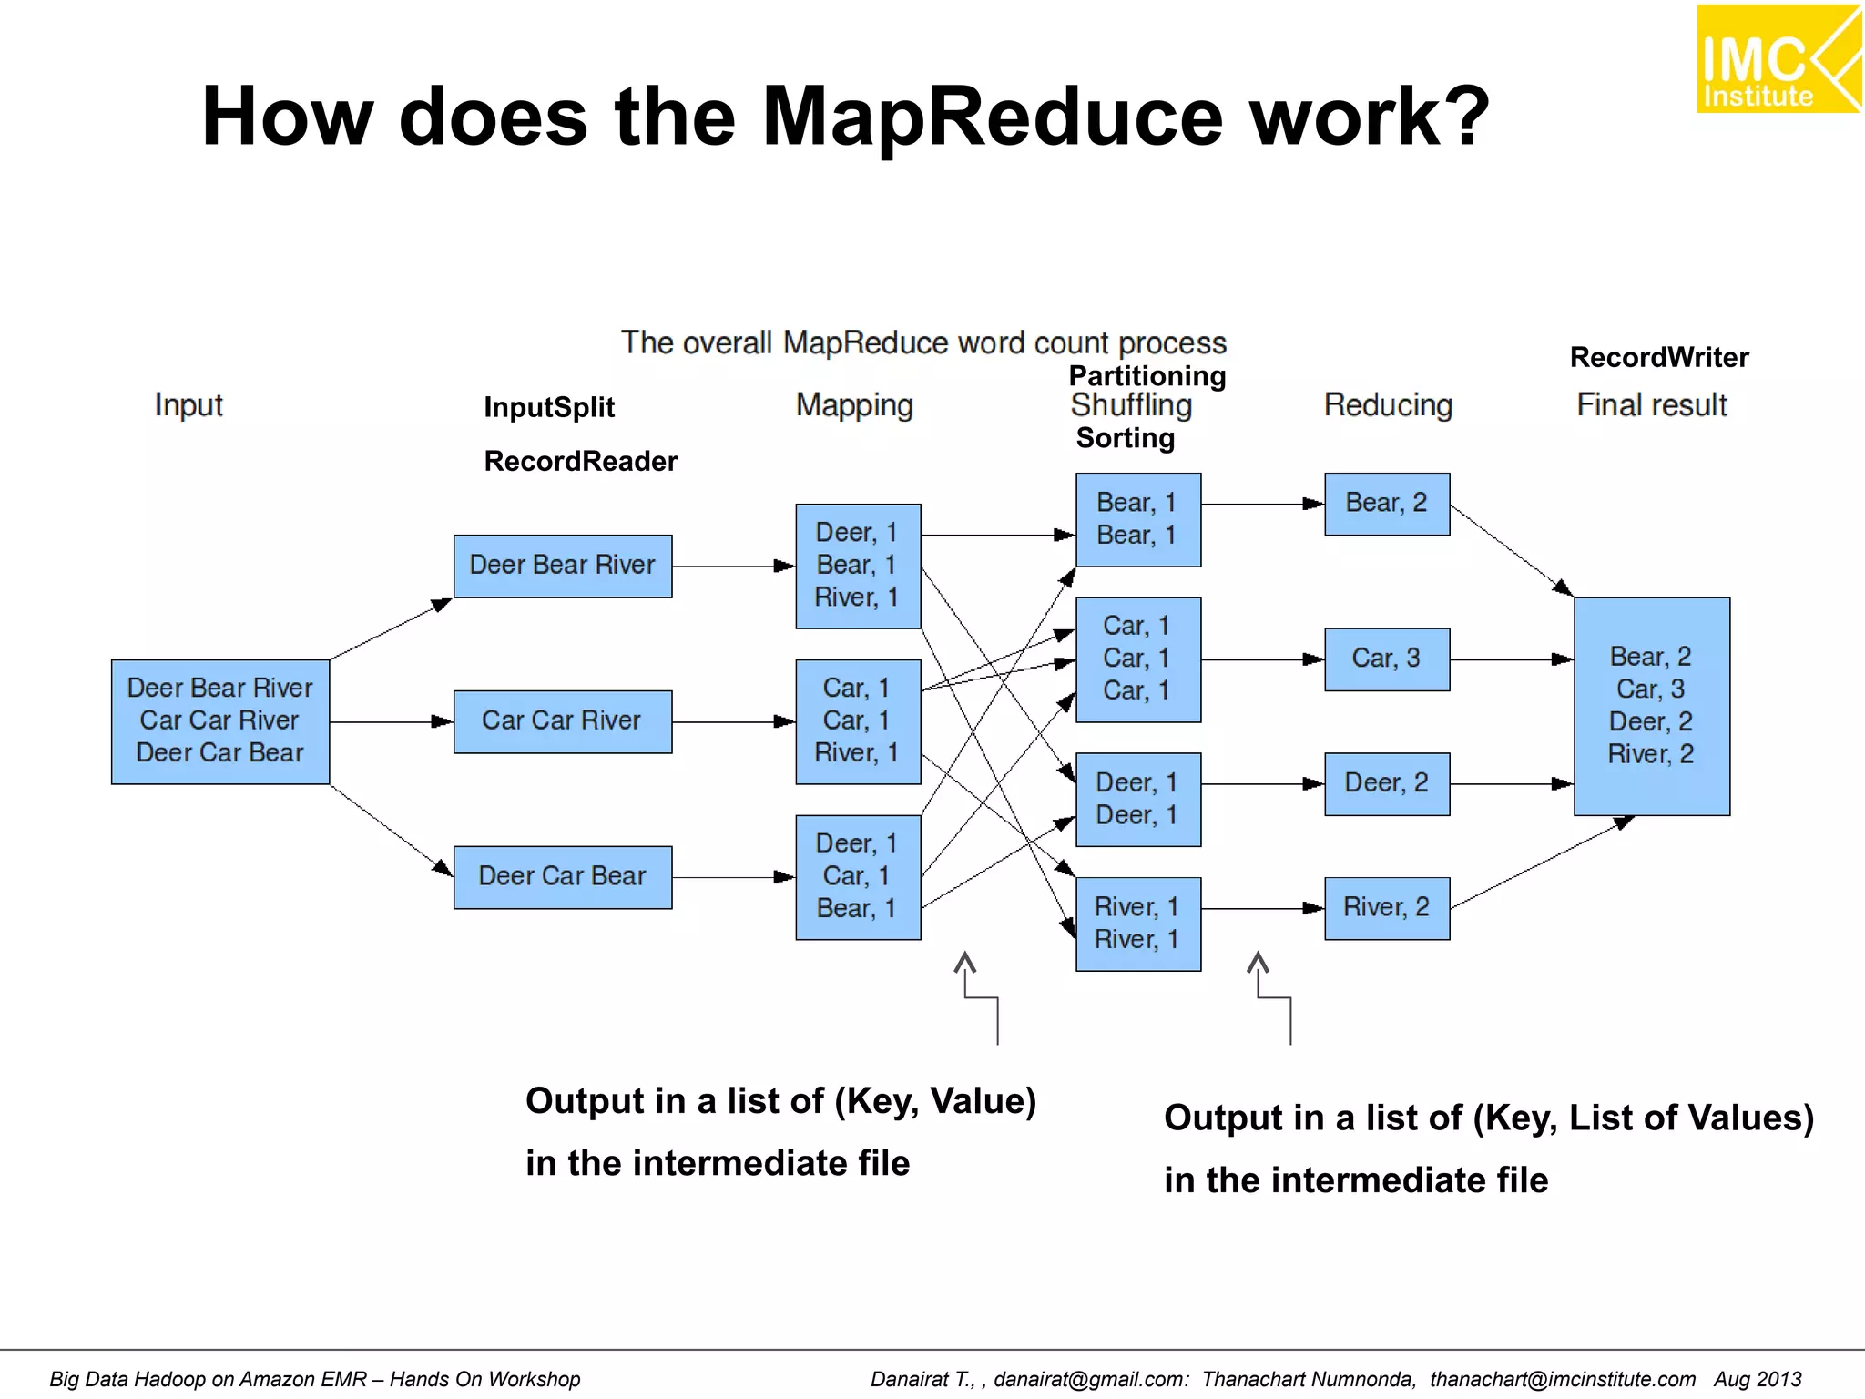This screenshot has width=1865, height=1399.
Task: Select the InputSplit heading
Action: tap(549, 407)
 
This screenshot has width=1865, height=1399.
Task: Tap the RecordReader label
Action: tap(580, 461)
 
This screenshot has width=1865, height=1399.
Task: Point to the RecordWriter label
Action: tap(1658, 357)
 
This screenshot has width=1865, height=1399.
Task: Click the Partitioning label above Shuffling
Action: tap(1147, 375)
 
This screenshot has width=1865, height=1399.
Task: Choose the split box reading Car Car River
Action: tap(562, 721)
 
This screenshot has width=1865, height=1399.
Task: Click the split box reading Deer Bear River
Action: tap(562, 566)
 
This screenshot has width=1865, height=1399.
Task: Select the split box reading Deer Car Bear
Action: tap(562, 877)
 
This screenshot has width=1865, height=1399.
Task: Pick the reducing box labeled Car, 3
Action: tap(1386, 659)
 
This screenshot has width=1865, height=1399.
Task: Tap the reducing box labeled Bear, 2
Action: tap(1386, 504)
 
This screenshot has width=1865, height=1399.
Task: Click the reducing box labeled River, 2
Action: tap(1386, 908)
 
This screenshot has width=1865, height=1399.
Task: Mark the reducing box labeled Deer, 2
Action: tap(1386, 783)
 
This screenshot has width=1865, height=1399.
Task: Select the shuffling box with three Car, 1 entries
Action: tap(1137, 659)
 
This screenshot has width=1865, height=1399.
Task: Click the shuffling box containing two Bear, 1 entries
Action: tap(1137, 519)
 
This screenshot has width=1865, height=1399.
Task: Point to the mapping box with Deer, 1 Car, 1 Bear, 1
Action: tap(858, 876)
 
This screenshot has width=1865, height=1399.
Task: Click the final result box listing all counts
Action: tap(1651, 706)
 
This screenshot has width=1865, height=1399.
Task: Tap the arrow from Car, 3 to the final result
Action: tap(1511, 659)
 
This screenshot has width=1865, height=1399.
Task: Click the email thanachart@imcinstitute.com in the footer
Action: tap(1562, 1379)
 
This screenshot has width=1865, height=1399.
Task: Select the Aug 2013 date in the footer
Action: tap(1757, 1379)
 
